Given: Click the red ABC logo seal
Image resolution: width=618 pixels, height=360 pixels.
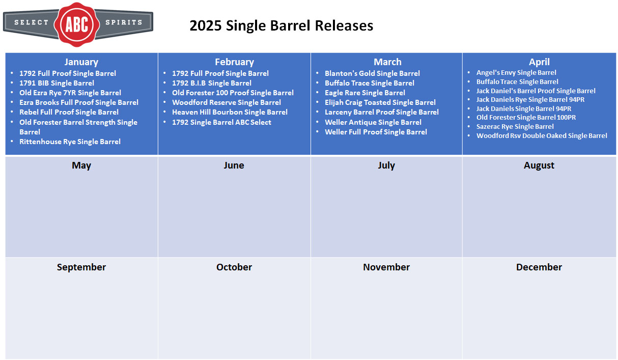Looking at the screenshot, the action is pyautogui.click(x=77, y=24).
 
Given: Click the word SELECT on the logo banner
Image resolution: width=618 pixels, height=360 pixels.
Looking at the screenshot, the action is pyautogui.click(x=32, y=22).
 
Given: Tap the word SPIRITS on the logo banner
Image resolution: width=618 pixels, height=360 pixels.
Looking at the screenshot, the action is pyautogui.click(x=124, y=22).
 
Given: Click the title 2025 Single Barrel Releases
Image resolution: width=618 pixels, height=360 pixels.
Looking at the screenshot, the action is pyautogui.click(x=282, y=25).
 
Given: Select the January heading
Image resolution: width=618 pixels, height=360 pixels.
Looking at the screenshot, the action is pyautogui.click(x=81, y=62).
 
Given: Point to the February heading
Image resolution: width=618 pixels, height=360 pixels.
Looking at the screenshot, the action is pyautogui.click(x=235, y=62).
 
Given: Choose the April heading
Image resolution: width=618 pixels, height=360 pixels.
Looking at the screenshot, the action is pyautogui.click(x=539, y=62).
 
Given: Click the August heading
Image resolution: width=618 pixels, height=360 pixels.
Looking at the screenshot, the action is pyautogui.click(x=539, y=165).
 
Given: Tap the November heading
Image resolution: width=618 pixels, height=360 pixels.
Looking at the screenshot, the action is pyautogui.click(x=386, y=267).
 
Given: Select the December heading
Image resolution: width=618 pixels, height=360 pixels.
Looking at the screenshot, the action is pyautogui.click(x=539, y=267).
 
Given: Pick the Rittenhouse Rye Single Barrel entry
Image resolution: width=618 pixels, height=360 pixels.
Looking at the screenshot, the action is pyautogui.click(x=70, y=142).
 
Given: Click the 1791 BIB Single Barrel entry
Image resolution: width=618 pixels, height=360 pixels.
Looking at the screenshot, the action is pyautogui.click(x=57, y=83).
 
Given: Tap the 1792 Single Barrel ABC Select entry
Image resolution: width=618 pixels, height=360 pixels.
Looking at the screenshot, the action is pyautogui.click(x=222, y=122).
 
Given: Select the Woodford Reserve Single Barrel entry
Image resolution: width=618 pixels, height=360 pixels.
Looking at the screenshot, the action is pyautogui.click(x=227, y=103).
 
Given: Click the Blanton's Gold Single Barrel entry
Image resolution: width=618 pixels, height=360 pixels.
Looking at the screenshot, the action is pyautogui.click(x=372, y=73).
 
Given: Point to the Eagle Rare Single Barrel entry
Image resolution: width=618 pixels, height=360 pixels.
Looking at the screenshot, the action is pyautogui.click(x=365, y=93).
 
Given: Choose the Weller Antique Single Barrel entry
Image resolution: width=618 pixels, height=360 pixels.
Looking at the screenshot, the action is pyautogui.click(x=373, y=122).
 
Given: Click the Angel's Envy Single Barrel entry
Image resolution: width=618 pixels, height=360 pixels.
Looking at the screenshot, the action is pyautogui.click(x=516, y=72).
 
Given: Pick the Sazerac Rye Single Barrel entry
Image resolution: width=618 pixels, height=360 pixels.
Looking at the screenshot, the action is pyautogui.click(x=515, y=126).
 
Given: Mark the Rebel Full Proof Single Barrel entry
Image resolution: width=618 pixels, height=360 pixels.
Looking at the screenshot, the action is pyautogui.click(x=69, y=112).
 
